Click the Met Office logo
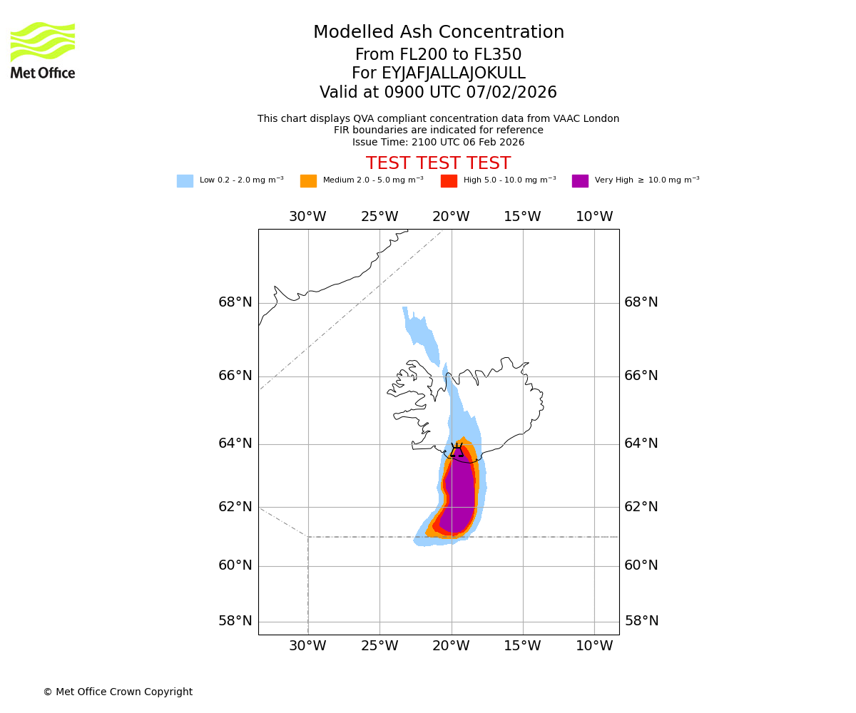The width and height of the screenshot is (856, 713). pos(43,50)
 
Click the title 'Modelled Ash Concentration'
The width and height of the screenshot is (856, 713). pos(438,33)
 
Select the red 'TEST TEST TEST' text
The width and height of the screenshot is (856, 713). pos(438,164)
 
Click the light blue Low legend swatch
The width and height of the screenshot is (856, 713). pos(185,181)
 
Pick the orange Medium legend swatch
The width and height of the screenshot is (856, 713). pos(308,181)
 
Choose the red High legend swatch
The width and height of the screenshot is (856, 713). pos(449,181)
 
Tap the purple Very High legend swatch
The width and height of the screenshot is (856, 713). pos(580,181)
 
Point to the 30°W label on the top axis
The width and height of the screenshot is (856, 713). pos(307,217)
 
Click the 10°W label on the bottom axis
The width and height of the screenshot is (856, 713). pos(594,646)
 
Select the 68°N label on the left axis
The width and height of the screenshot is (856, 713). pos(235,302)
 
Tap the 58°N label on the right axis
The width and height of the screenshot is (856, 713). pos(641,621)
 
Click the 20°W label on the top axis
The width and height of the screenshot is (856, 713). pos(451,217)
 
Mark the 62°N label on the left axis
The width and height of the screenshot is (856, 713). pos(235,507)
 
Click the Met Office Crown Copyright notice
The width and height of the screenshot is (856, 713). pos(118,692)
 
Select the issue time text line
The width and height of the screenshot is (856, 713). pos(438,143)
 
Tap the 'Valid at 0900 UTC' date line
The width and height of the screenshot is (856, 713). pos(438,93)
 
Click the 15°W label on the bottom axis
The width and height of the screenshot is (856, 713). pos(522,646)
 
